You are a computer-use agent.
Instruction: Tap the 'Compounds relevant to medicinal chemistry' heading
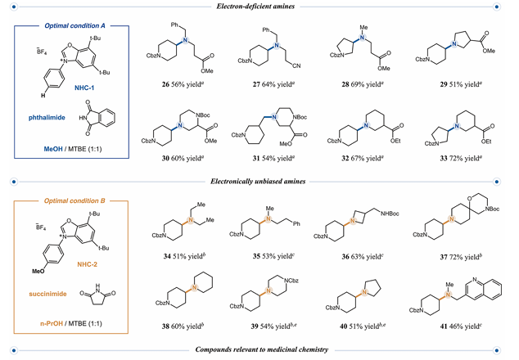(260, 350)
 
